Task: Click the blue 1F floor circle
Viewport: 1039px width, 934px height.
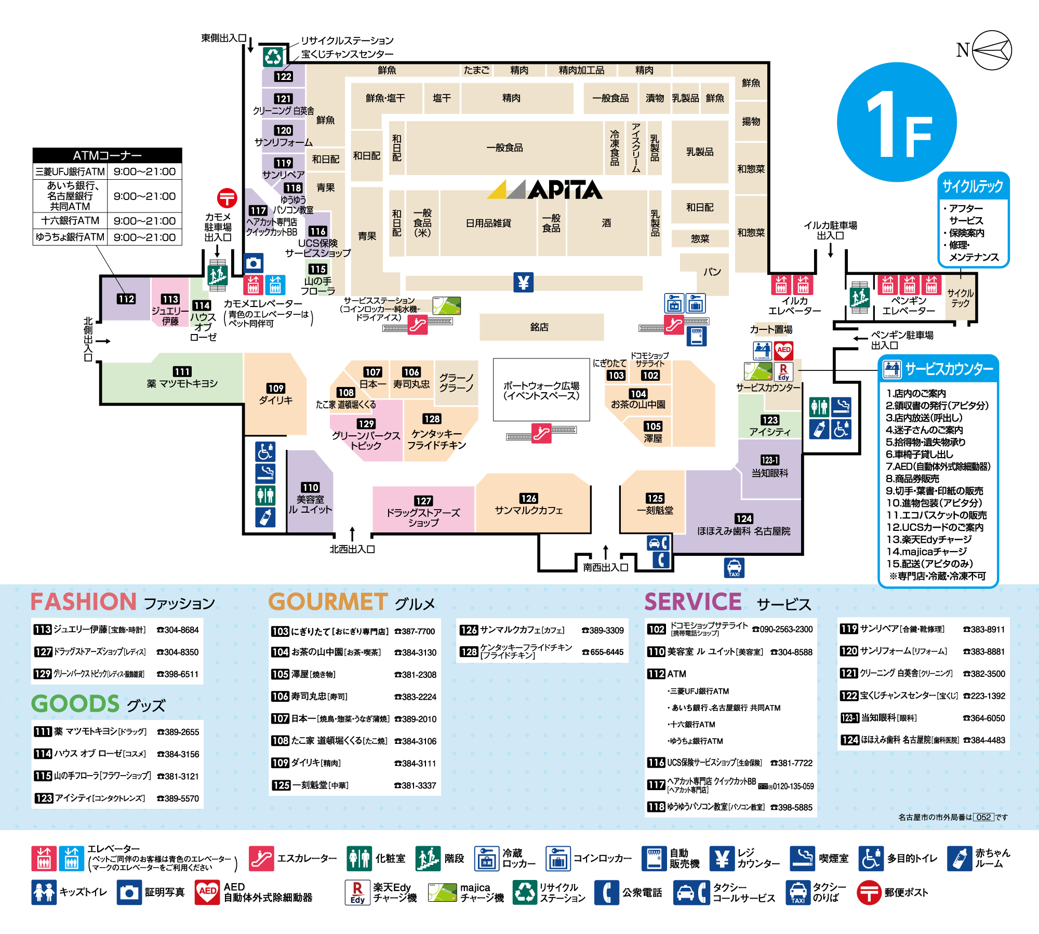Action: (x=897, y=123)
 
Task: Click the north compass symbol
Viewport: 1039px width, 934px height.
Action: (x=991, y=50)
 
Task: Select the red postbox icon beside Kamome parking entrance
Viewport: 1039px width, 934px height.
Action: (x=227, y=198)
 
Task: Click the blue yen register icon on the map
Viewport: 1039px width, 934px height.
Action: (x=523, y=283)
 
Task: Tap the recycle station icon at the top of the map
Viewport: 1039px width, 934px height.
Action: (x=272, y=57)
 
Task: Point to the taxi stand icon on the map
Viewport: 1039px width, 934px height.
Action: (x=734, y=567)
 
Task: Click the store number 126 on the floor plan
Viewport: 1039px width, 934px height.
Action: (x=528, y=498)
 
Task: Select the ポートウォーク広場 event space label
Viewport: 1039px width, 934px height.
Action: (x=541, y=391)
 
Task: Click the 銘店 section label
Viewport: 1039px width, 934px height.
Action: (x=539, y=327)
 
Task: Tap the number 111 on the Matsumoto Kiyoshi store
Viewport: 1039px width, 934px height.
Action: (x=182, y=371)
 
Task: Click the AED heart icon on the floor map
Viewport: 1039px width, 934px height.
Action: (x=783, y=350)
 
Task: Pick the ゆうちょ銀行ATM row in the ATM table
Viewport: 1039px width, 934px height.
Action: (x=107, y=237)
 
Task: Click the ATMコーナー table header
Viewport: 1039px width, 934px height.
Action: (x=107, y=155)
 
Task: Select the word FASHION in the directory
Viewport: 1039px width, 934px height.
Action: (x=83, y=602)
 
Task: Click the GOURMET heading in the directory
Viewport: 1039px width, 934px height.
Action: (x=328, y=602)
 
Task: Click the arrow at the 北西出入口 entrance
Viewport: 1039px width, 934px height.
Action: (x=352, y=533)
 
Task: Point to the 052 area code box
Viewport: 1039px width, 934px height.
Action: (x=983, y=817)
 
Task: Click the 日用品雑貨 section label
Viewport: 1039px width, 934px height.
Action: (x=488, y=223)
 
